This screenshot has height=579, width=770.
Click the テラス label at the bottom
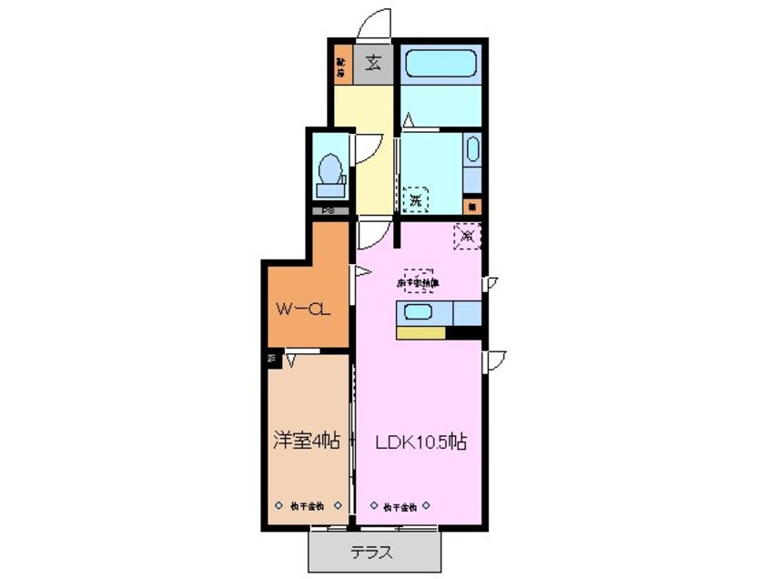374,553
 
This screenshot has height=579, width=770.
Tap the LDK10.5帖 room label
421,442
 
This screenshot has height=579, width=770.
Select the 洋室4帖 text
307,442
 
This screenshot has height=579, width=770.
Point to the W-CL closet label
302,309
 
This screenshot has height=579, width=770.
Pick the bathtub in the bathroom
441,65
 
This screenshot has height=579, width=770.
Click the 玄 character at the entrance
374,64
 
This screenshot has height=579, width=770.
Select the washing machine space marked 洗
415,199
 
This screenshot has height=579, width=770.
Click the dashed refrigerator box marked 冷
468,237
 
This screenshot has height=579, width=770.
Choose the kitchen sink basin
420,312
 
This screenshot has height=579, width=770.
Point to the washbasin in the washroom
471,150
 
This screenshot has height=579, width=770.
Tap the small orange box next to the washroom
471,206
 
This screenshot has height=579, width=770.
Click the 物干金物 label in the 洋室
307,505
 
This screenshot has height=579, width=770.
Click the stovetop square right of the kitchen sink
466,312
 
